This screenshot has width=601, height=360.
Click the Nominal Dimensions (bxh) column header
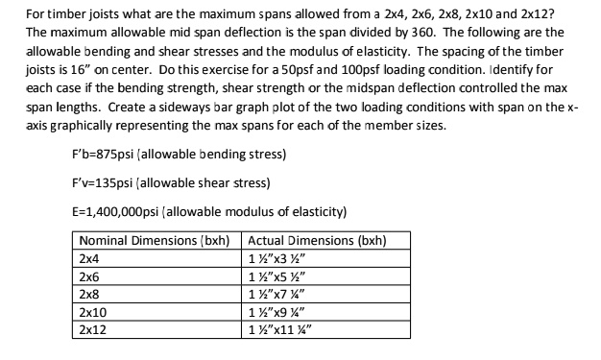[157, 240]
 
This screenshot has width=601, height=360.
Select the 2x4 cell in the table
[89, 258]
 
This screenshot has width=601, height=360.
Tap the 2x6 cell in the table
[89, 276]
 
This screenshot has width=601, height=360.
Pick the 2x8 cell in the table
[89, 293]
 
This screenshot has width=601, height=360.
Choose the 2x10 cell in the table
[92, 311]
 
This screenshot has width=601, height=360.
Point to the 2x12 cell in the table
[92, 328]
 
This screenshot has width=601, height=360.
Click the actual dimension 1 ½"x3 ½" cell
[278, 258]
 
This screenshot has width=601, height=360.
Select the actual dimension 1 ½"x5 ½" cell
[278, 276]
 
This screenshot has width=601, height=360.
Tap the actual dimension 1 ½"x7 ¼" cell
[278, 293]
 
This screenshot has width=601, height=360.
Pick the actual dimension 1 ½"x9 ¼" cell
[278, 311]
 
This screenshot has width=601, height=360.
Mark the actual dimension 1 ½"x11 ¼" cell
[281, 328]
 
